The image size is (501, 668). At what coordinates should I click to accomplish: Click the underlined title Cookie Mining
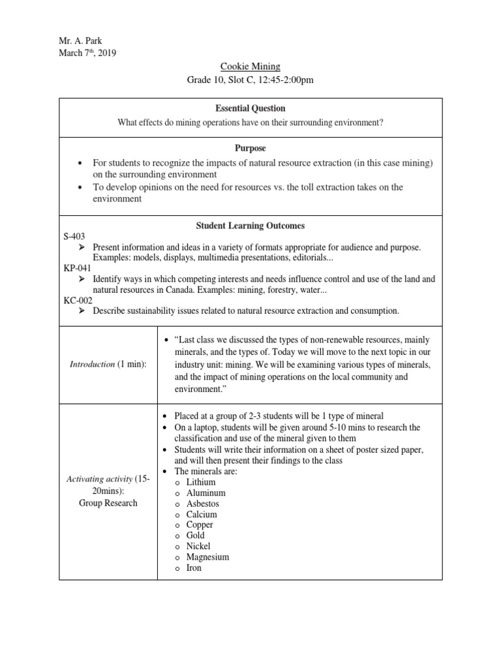pyautogui.click(x=250, y=67)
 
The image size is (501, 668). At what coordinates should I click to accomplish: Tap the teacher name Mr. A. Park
pyautogui.click(x=81, y=40)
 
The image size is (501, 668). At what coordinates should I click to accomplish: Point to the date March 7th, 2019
pyautogui.click(x=87, y=53)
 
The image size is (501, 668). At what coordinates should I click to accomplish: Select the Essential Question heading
pyautogui.click(x=250, y=108)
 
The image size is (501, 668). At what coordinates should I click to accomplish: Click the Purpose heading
pyautogui.click(x=250, y=149)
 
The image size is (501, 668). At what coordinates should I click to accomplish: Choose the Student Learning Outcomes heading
pyautogui.click(x=250, y=226)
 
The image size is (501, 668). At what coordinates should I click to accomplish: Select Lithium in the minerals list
pyautogui.click(x=201, y=482)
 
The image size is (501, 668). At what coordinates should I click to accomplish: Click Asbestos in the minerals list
pyautogui.click(x=202, y=504)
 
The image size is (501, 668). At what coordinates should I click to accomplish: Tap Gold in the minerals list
pyautogui.click(x=196, y=536)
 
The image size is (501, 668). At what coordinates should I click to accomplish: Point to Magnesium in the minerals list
pyautogui.click(x=207, y=557)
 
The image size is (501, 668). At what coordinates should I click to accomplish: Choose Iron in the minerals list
pyautogui.click(x=194, y=568)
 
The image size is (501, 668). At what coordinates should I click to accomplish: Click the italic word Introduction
pyautogui.click(x=92, y=364)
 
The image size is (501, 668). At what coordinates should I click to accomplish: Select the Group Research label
pyautogui.click(x=108, y=503)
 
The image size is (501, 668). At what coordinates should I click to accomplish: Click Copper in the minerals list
pyautogui.click(x=200, y=524)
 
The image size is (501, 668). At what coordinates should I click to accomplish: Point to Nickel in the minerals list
pyautogui.click(x=198, y=546)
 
